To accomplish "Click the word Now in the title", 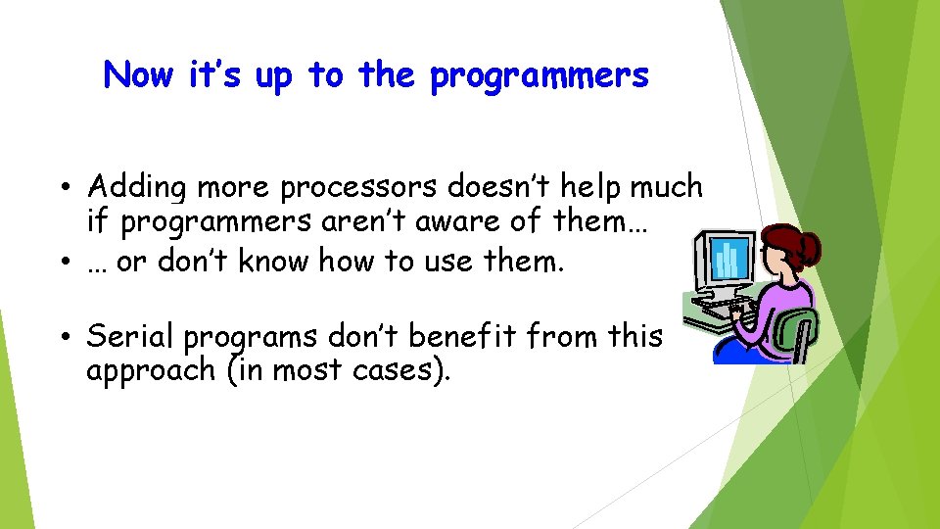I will pyautogui.click(x=138, y=74).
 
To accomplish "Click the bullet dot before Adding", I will pyautogui.click(x=63, y=186).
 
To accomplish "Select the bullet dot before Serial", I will pyautogui.click(x=63, y=336).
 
